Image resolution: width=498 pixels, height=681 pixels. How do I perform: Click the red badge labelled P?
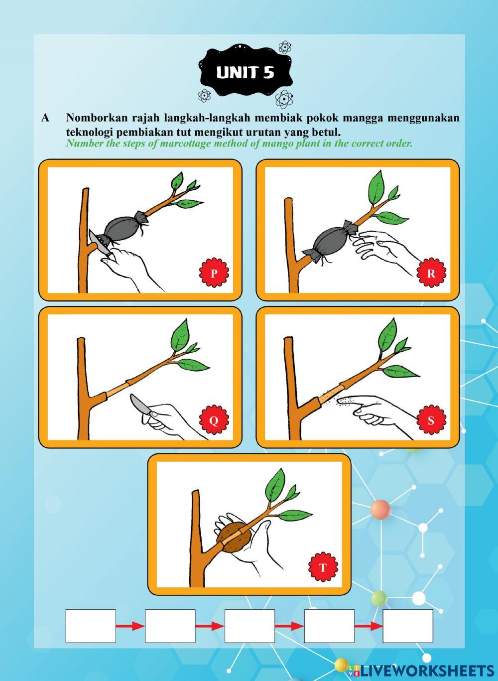pyautogui.click(x=214, y=272)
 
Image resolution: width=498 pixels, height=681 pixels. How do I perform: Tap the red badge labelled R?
pyautogui.click(x=431, y=272)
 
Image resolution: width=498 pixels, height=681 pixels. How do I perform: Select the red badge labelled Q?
pyautogui.click(x=214, y=420)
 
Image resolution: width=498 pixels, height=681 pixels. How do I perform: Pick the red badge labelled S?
pyautogui.click(x=431, y=420)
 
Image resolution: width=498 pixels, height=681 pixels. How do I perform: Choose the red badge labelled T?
pyautogui.click(x=323, y=567)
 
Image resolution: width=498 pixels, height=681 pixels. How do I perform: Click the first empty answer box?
pyautogui.click(x=91, y=626)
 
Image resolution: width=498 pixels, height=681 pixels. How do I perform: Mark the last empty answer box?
pyautogui.click(x=408, y=626)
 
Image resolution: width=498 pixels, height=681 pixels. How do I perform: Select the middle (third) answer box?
pyautogui.click(x=249, y=626)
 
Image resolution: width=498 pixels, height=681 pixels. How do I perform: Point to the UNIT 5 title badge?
pyautogui.click(x=245, y=73)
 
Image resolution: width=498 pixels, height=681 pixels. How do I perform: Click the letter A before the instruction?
pyautogui.click(x=45, y=118)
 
